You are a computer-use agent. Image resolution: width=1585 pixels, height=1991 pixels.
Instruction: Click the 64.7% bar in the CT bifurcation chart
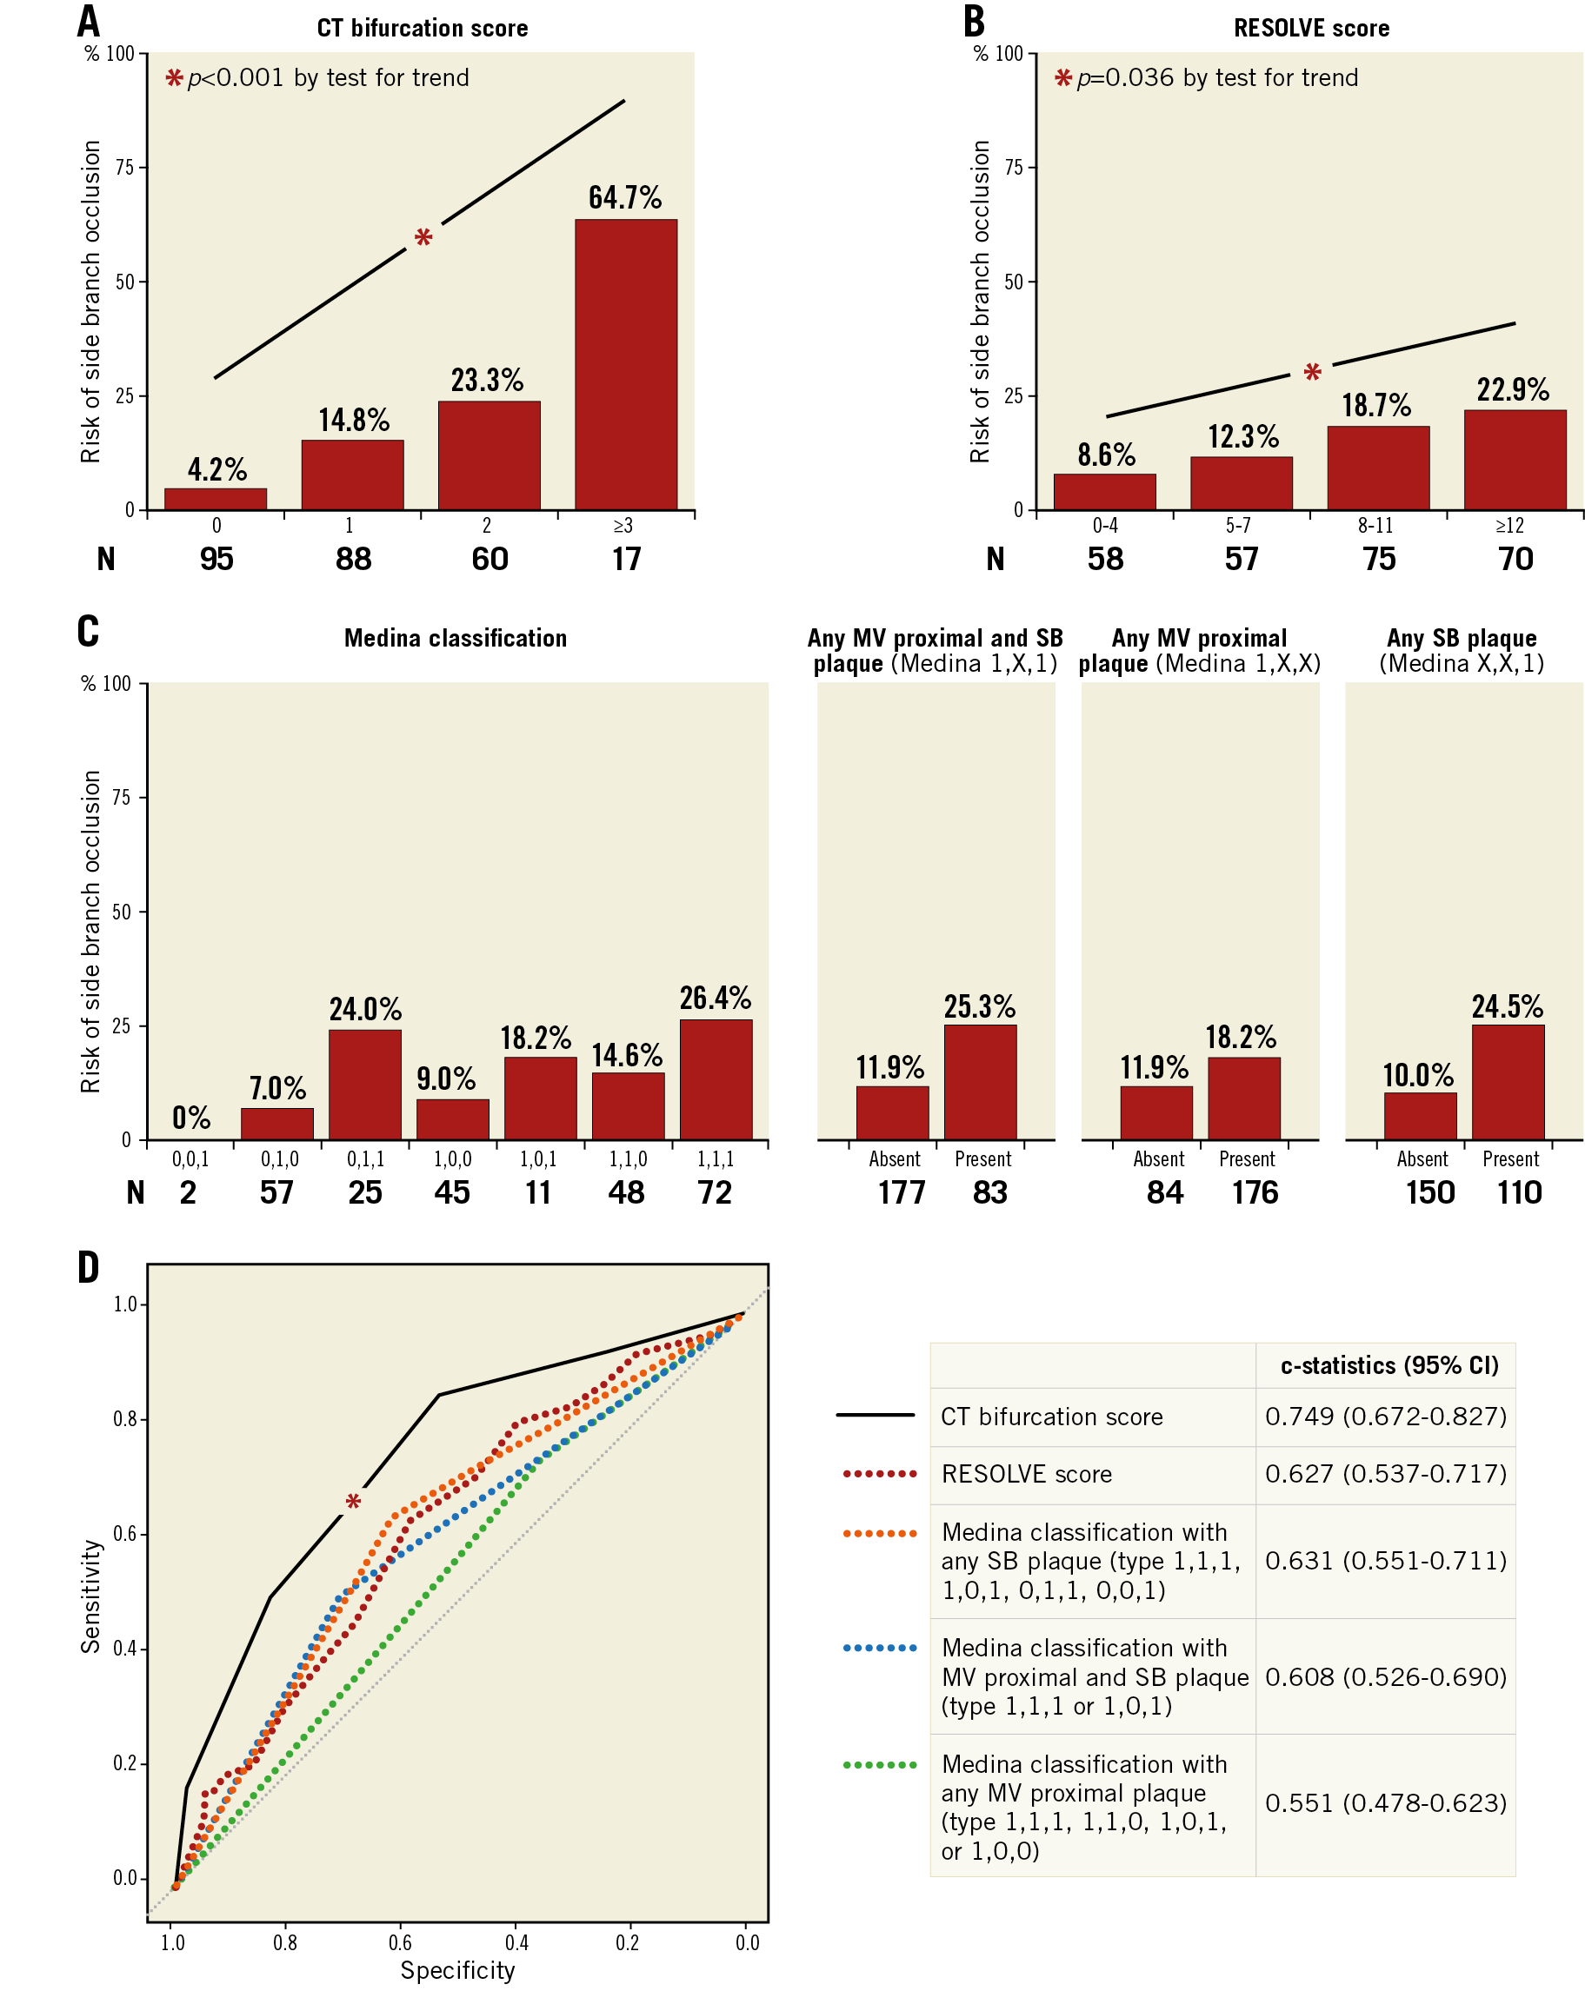click(625, 364)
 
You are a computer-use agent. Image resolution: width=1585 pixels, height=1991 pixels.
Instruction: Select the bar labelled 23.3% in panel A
click(489, 455)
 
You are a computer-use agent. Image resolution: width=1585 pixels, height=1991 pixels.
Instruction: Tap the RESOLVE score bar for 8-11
click(1377, 468)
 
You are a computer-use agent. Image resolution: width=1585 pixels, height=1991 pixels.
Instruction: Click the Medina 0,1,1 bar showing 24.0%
click(365, 1085)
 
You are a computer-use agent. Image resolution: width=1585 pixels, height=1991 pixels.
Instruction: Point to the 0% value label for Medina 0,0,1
click(191, 1118)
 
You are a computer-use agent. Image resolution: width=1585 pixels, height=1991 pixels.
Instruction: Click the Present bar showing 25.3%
click(979, 1081)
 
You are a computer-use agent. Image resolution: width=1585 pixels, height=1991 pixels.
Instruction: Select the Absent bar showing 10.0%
click(1420, 1116)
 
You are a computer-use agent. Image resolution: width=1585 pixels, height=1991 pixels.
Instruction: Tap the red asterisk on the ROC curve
click(353, 1503)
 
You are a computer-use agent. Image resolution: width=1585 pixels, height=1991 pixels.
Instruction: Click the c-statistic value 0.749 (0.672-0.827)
click(1384, 1417)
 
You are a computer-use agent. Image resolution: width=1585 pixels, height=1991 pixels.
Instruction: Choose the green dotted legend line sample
click(879, 1765)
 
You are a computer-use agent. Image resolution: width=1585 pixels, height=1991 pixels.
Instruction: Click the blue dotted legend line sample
click(879, 1649)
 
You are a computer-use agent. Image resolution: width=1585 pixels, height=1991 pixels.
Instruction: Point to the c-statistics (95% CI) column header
click(1389, 1366)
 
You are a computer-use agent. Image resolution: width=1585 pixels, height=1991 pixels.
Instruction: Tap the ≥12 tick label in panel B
click(1509, 526)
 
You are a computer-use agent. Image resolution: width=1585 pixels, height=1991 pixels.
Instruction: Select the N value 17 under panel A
click(625, 559)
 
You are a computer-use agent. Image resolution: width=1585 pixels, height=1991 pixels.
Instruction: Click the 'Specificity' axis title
click(457, 1970)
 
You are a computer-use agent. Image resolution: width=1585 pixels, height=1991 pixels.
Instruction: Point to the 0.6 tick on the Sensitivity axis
click(125, 1534)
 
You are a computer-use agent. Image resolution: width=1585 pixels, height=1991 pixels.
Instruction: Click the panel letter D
click(89, 1268)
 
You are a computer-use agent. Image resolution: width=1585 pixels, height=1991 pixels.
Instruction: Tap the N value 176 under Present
click(1255, 1192)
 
